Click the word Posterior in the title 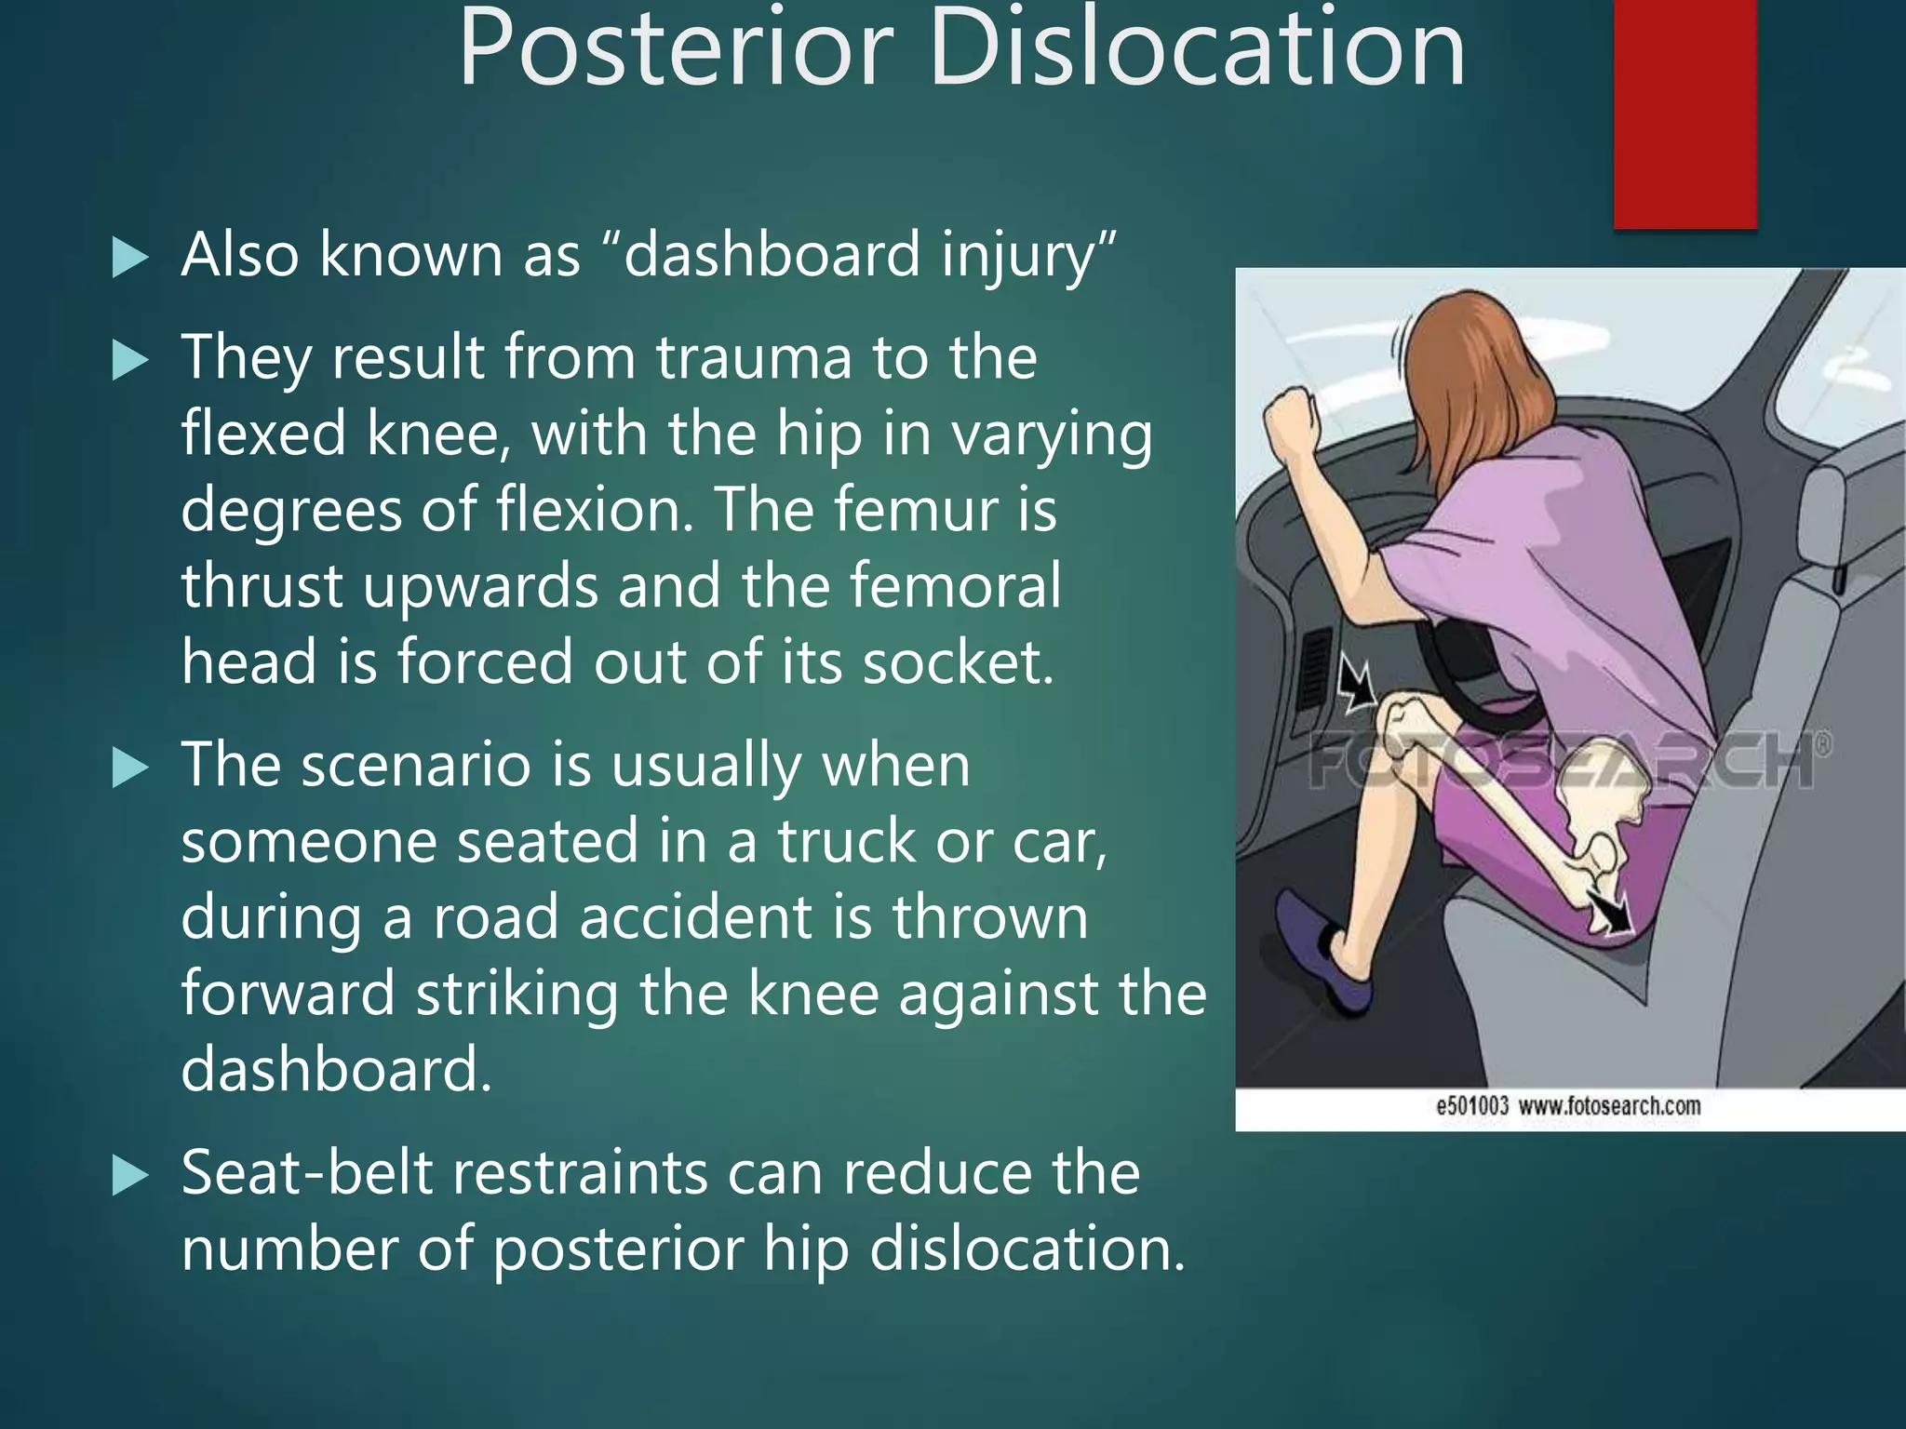(x=676, y=48)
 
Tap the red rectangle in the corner (x=1685, y=112)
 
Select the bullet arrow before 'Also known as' (x=129, y=257)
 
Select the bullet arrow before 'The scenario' (x=129, y=768)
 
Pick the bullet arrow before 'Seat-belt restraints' (x=129, y=1176)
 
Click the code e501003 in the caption (x=1471, y=1106)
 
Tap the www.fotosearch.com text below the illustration (x=1609, y=1106)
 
